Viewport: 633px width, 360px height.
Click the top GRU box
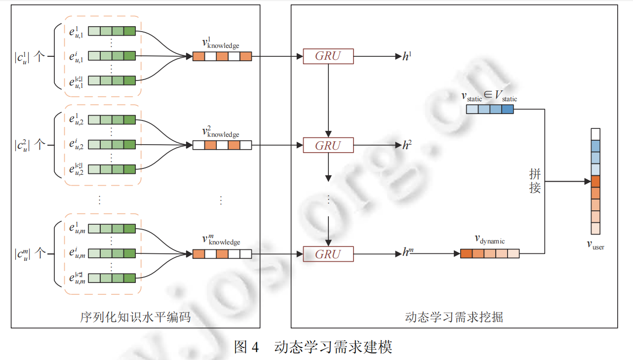coord(328,56)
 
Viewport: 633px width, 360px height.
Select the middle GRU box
coord(328,146)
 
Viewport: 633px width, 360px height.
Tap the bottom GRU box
coord(328,254)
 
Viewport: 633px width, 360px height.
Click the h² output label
coord(407,145)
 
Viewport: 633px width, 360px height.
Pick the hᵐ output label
coord(407,253)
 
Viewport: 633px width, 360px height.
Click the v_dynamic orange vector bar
coord(490,254)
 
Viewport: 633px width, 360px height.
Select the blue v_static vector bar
coord(490,110)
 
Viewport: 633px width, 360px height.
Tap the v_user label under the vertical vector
coord(595,243)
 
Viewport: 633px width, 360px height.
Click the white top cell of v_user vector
coord(595,134)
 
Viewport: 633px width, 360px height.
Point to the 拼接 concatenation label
coord(535,180)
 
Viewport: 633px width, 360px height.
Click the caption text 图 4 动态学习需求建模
coord(314,347)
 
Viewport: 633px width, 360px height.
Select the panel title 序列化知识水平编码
coord(135,317)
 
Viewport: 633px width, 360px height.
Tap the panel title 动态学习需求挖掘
coord(454,317)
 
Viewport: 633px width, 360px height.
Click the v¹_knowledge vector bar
coord(222,57)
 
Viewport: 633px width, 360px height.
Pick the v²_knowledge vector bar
coord(222,146)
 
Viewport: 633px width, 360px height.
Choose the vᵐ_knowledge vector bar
coord(222,254)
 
